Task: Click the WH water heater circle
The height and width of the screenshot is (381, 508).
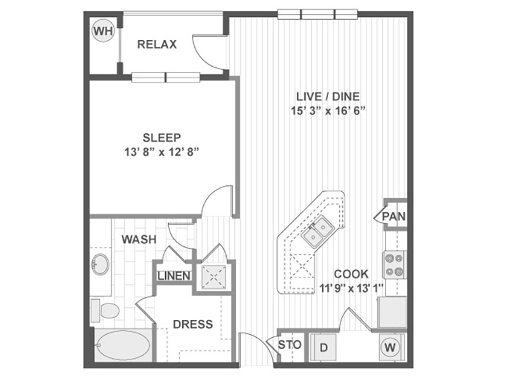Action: pos(104,31)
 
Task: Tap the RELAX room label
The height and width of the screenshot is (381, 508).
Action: pos(157,44)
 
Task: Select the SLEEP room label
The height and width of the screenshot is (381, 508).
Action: pos(162,138)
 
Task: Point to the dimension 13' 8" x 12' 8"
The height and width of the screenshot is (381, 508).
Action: pos(161,152)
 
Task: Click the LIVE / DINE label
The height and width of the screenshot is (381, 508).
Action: pos(328,97)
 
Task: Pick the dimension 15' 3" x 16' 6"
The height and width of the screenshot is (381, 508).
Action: pos(328,110)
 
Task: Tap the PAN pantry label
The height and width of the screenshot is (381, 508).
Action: pos(394,216)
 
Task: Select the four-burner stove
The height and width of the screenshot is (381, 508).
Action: pos(394,264)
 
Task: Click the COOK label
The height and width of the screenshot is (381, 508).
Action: pos(351,274)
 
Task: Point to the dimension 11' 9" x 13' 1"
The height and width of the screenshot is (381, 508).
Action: pos(352,288)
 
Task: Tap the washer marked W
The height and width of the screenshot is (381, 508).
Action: pos(391,347)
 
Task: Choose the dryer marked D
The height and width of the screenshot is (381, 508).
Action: pos(323,347)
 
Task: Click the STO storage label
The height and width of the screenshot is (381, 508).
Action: pos(290,345)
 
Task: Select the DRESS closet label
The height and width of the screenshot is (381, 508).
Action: pos(193,324)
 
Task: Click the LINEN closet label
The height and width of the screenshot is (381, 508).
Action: pos(174,276)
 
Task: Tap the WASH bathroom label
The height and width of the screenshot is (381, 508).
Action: pos(139,239)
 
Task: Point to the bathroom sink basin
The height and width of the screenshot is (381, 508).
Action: pos(100,264)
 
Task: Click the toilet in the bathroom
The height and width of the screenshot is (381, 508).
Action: pos(105,311)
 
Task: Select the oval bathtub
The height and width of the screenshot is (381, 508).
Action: pos(124,345)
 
